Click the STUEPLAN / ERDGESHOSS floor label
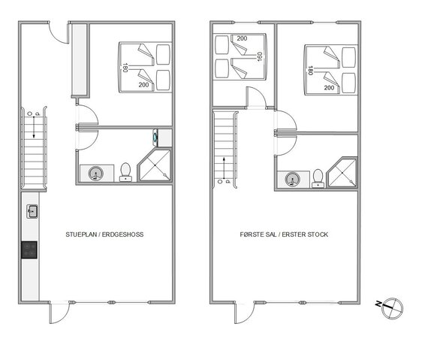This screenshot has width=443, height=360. [x=104, y=234]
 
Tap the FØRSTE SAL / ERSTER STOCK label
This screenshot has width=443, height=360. [x=284, y=234]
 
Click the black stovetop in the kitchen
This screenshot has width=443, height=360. [x=29, y=250]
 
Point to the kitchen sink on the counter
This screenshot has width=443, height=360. [x=32, y=211]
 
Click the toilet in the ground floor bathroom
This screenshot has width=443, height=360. [x=125, y=172]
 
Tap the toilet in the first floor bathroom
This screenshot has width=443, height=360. [x=318, y=178]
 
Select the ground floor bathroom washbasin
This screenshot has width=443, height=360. [x=96, y=174]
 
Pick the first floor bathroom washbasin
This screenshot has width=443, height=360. [x=292, y=180]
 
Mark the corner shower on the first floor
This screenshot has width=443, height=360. [x=342, y=173]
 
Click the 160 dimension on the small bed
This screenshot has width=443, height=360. [x=260, y=56]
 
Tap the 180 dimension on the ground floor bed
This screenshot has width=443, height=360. [x=125, y=68]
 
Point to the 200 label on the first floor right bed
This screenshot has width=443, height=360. [x=329, y=88]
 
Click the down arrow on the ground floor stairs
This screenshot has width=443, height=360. [x=34, y=127]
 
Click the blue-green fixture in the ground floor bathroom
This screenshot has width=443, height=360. [x=155, y=137]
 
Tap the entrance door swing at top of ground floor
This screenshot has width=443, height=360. [x=59, y=33]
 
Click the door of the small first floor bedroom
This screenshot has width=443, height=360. [x=256, y=98]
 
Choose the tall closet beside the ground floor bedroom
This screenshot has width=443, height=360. [x=80, y=60]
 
